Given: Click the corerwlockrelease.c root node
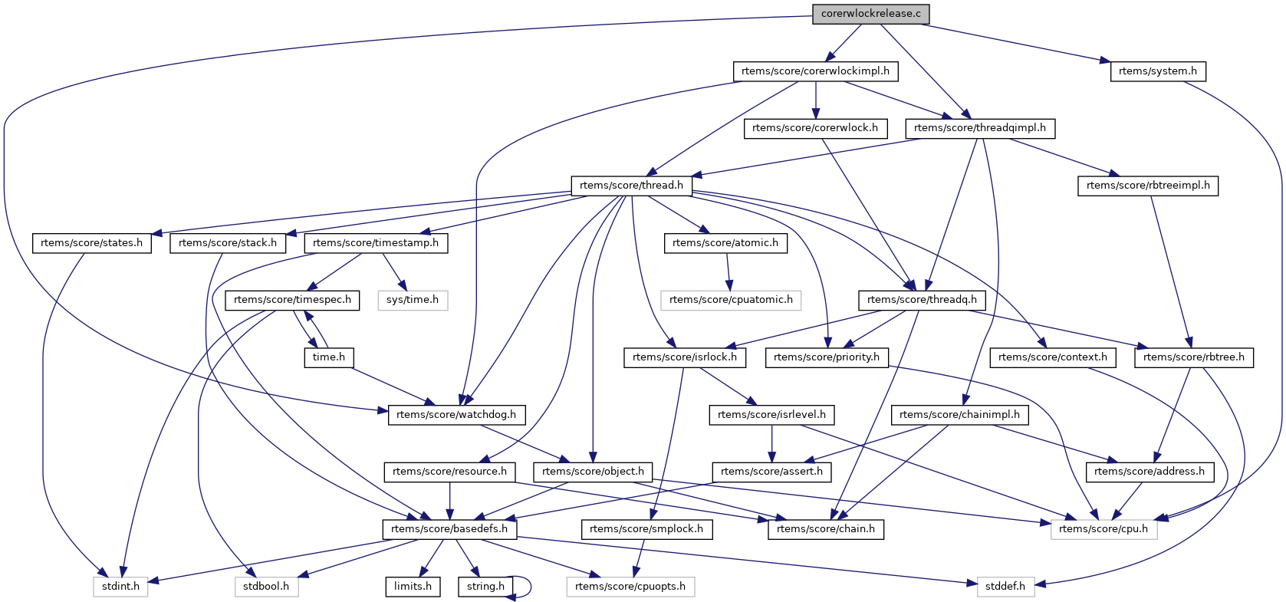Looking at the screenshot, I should click(x=870, y=14).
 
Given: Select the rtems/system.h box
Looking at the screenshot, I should click(x=1157, y=71).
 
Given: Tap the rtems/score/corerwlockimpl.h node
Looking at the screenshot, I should click(x=815, y=71).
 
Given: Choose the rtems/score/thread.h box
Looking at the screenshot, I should click(x=631, y=186).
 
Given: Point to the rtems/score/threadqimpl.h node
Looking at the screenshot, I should click(x=979, y=128).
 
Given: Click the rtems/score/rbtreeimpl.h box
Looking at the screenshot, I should click(x=1147, y=186).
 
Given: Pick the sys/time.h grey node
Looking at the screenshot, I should click(x=413, y=300).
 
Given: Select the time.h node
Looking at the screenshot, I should click(x=328, y=357).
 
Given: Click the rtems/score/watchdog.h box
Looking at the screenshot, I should click(x=456, y=415).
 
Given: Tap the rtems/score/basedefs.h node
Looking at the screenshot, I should click(x=449, y=529).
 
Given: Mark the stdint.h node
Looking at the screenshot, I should click(x=120, y=587).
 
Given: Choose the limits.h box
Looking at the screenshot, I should click(x=413, y=587).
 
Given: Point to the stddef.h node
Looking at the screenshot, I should click(x=1005, y=587).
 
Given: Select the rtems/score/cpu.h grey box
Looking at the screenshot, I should click(x=1103, y=529).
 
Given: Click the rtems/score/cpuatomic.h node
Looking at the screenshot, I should click(x=731, y=300).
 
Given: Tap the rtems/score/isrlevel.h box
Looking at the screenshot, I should click(x=771, y=415).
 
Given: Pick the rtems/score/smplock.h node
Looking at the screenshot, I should click(x=646, y=529).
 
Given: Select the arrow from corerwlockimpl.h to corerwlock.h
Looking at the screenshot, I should click(x=816, y=100).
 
